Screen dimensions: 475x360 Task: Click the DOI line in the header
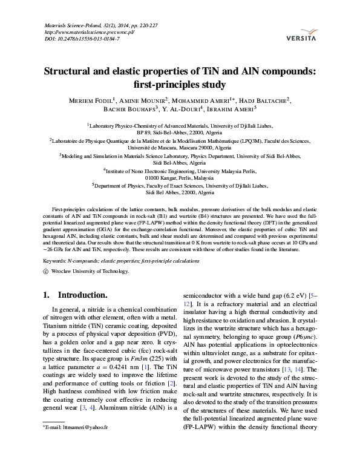pyautogui.click(x=82, y=39)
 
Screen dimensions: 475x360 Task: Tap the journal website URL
pyautogui.click(x=90, y=32)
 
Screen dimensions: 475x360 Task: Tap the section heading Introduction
pyautogui.click(x=82, y=295)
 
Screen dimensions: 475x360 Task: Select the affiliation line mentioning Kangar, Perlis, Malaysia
pyautogui.click(x=180, y=179)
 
